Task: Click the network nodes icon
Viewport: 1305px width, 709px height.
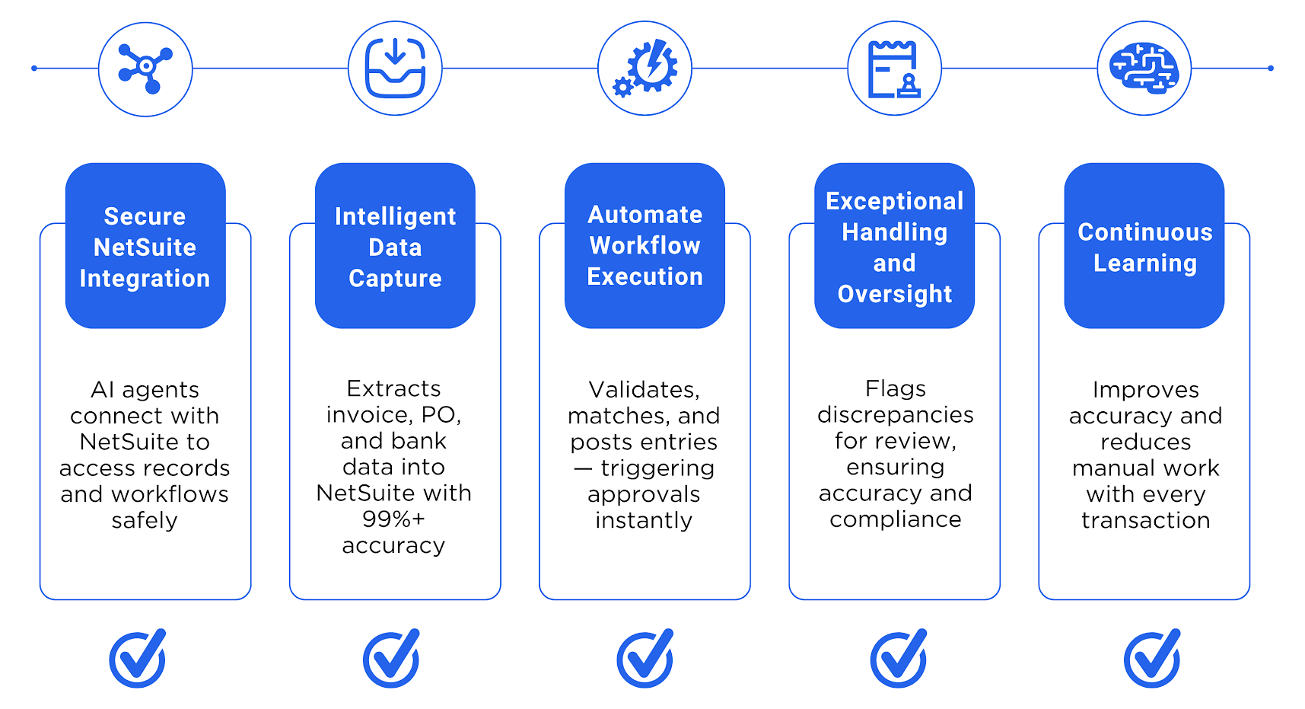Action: coord(145,69)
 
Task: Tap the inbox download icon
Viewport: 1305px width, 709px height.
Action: coord(395,69)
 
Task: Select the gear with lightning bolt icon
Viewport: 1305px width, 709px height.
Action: coord(645,69)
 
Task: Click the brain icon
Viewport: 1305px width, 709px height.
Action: coord(1144,69)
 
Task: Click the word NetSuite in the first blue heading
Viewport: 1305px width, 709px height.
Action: coord(145,248)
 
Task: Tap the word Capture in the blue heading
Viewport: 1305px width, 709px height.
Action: coord(395,279)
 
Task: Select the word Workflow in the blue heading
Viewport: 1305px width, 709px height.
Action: coord(645,246)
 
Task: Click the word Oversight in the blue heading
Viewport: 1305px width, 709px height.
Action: coord(894,294)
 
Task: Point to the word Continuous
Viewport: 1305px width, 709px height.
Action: coord(1144,232)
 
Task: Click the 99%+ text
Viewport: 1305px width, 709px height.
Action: coord(393,519)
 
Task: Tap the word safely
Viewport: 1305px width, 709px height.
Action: coord(145,521)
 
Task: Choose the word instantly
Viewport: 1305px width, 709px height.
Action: coord(644,521)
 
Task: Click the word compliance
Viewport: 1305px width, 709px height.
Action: coord(895,520)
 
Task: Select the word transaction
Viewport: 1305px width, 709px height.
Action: coord(1145,521)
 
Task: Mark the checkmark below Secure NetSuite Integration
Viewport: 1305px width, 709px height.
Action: coord(138,658)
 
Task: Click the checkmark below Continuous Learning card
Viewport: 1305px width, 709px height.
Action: coord(1152,658)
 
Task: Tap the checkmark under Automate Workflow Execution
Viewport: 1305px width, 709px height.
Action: coord(645,658)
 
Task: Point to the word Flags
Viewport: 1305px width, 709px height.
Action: coord(895,389)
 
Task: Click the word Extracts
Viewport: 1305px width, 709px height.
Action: coord(393,389)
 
